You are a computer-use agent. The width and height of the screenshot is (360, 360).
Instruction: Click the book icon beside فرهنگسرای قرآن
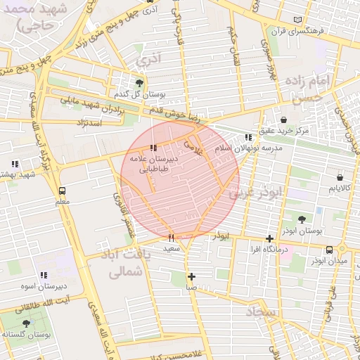300,19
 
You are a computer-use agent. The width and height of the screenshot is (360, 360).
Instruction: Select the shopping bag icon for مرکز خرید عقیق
283,120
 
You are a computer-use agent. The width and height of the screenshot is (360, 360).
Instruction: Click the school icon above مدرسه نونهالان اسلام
247,137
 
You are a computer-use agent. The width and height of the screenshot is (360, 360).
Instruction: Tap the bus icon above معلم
63,191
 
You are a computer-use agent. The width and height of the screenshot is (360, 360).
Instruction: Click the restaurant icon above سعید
171,238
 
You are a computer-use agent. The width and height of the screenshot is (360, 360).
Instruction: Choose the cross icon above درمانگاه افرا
270,238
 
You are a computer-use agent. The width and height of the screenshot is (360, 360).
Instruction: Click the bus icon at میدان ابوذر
329,250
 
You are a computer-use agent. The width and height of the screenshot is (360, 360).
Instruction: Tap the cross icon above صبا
191,276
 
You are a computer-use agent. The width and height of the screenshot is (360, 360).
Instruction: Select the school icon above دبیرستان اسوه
44,275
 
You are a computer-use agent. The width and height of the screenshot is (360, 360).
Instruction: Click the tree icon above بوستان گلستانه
27,323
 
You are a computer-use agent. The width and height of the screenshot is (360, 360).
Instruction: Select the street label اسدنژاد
87,123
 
